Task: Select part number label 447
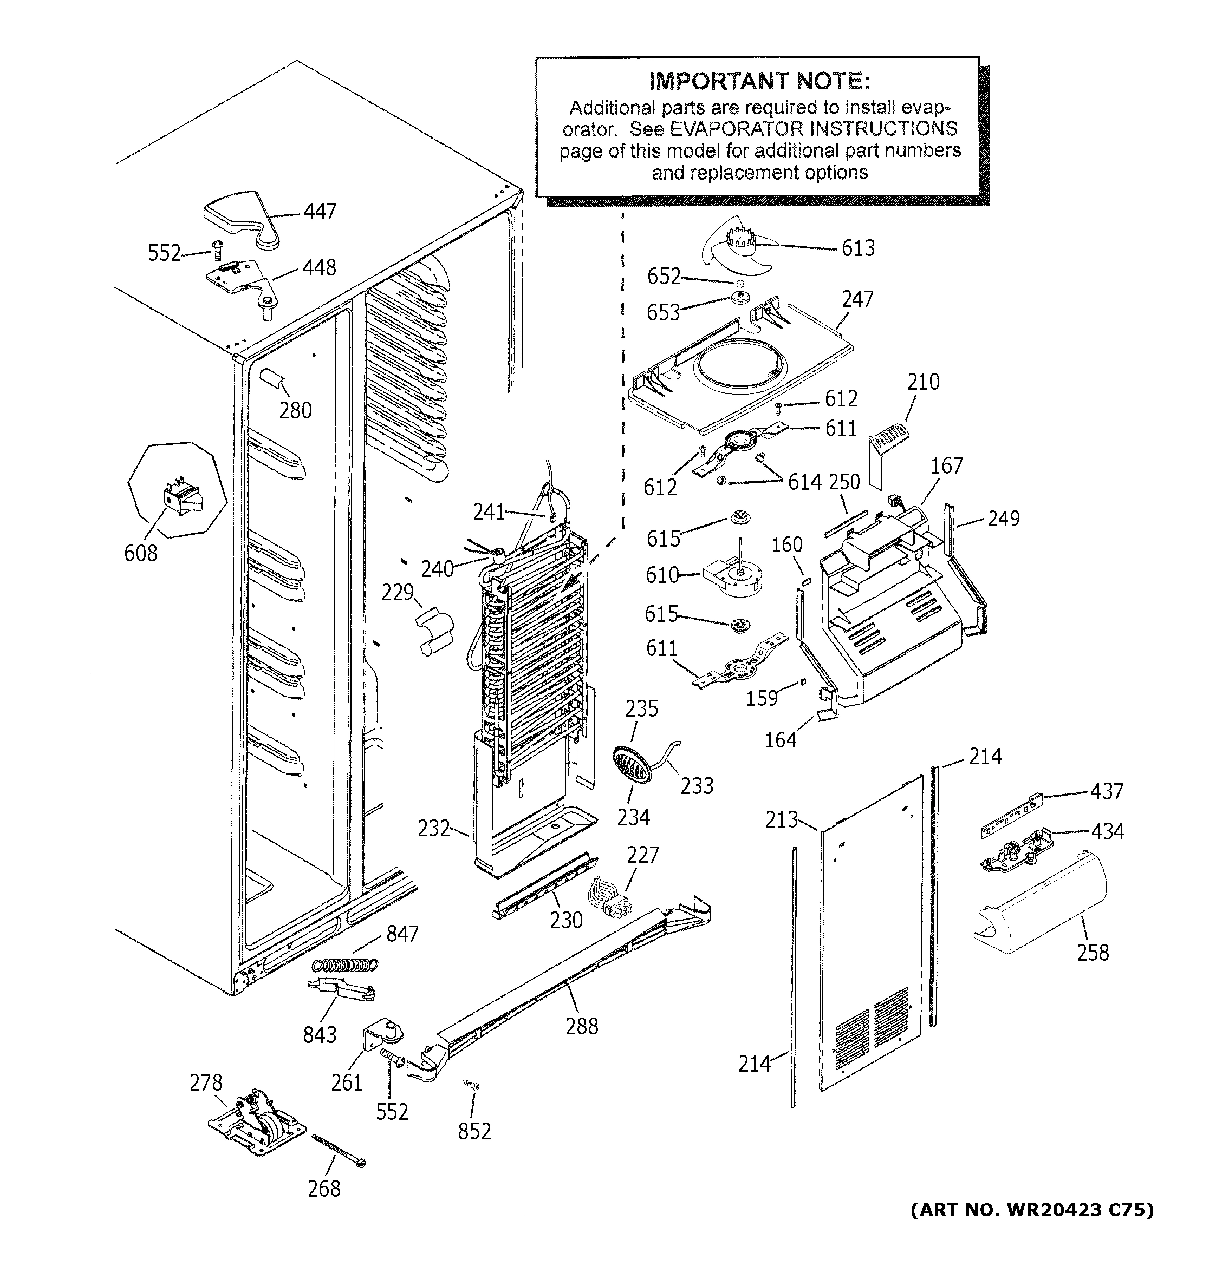[x=320, y=212]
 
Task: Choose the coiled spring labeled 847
[x=344, y=964]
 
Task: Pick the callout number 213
[x=781, y=819]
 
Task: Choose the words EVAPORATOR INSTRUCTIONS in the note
[x=813, y=129]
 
